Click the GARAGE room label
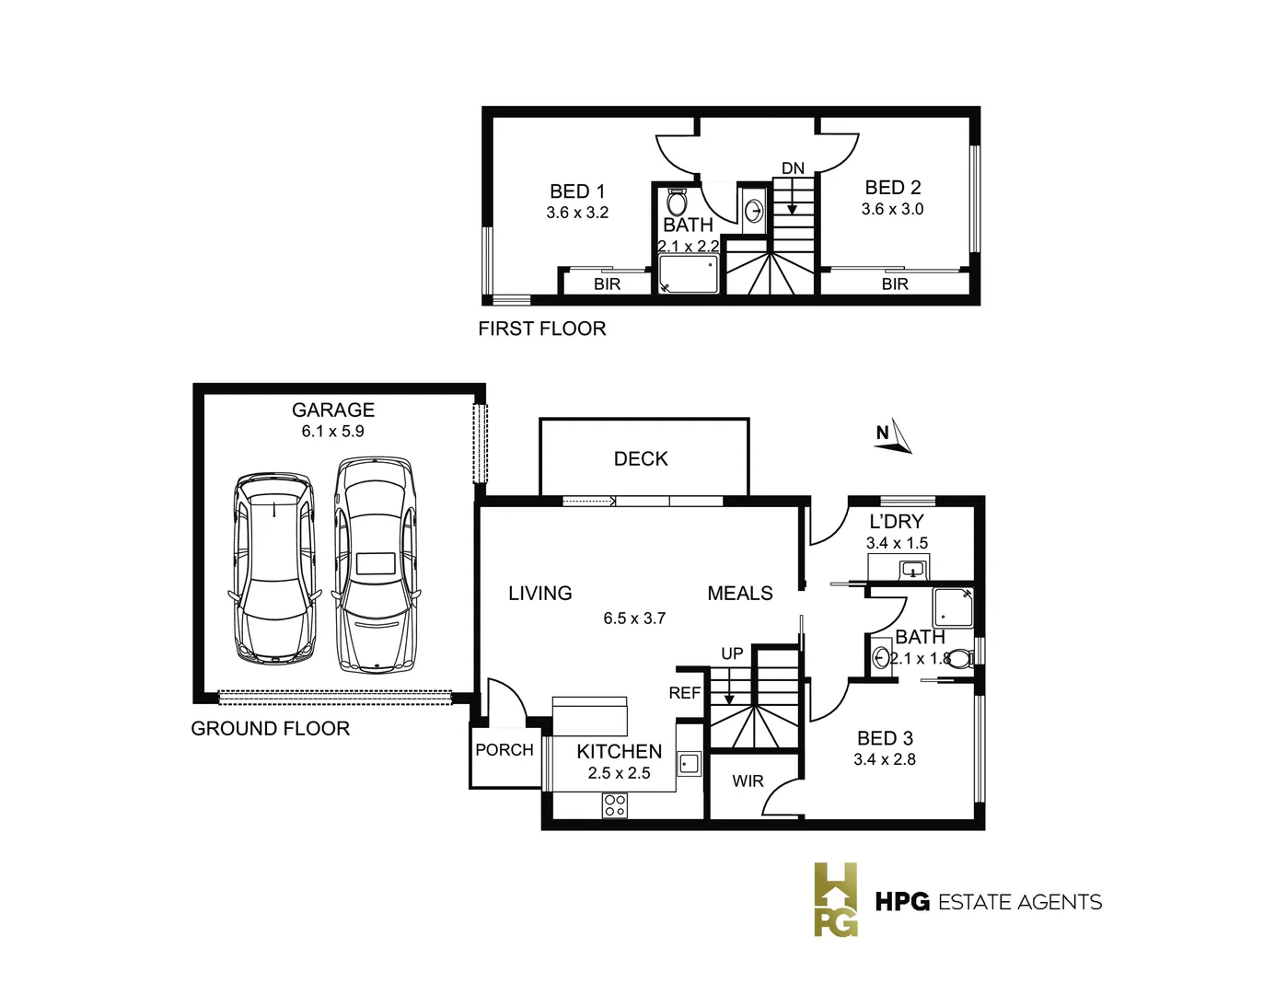332,410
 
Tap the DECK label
641,458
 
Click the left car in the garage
274,569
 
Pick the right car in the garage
375,563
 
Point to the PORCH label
504,750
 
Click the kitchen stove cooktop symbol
614,806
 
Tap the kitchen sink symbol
688,763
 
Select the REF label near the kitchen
684,693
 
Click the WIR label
748,780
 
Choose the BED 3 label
885,738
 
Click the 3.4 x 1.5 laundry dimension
897,543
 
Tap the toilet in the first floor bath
677,202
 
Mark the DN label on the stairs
793,168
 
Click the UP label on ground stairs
732,653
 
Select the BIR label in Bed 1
607,284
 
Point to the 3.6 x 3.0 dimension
892,209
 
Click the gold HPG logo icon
835,899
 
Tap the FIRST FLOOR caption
542,329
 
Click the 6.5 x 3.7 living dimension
634,618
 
